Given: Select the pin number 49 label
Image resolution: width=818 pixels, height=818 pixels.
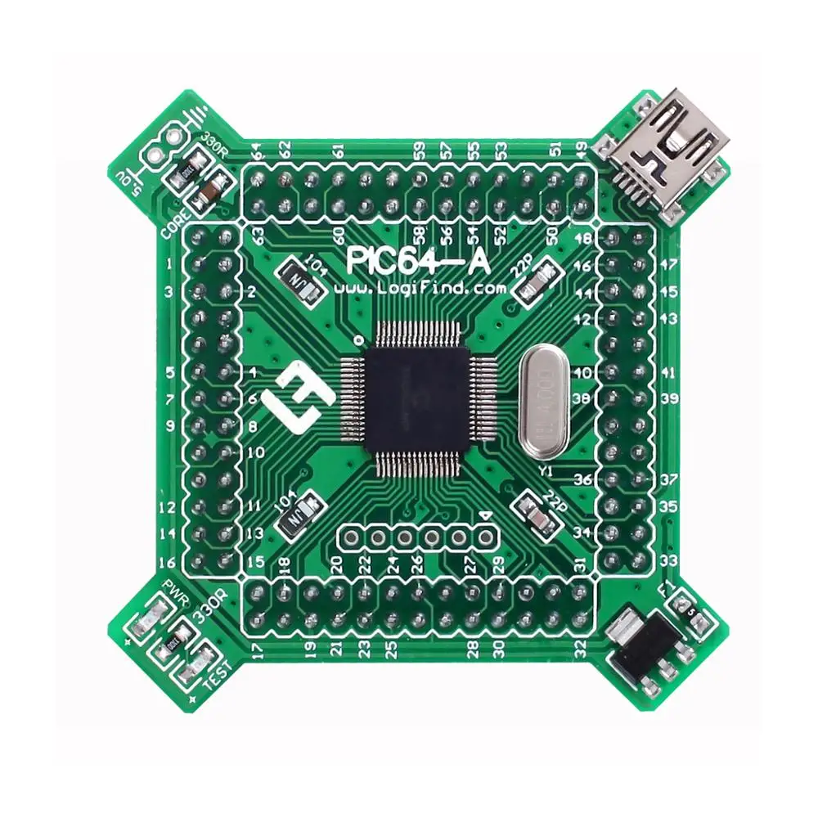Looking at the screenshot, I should pos(582,150).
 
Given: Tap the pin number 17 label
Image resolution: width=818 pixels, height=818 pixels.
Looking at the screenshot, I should pos(258,651).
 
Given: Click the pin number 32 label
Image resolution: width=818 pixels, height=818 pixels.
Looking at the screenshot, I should pos(581,651).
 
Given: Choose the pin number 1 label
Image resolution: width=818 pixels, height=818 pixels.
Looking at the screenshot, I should pos(169,263).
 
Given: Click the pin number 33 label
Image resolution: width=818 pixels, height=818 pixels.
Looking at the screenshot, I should pos(668,561).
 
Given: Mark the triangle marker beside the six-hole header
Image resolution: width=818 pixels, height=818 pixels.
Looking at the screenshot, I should pos(487,516).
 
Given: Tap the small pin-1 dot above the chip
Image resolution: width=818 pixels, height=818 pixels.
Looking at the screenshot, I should pos(357,339).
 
